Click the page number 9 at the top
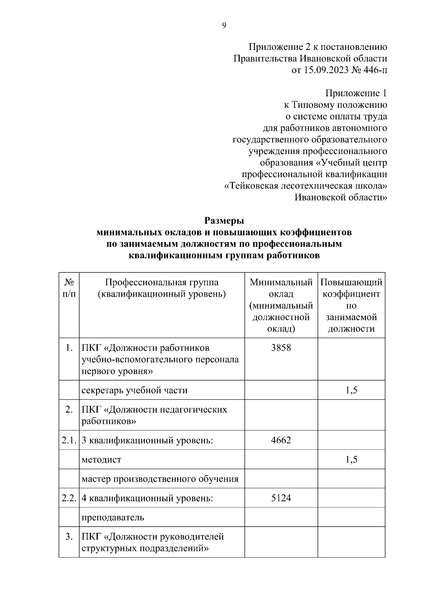[x=224, y=25]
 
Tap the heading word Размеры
[x=224, y=221]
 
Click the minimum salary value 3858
[x=281, y=348]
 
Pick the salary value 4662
[x=281, y=440]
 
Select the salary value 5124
[x=281, y=498]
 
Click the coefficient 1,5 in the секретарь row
[x=351, y=390]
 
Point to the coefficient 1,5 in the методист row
[x=351, y=459]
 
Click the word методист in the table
[x=101, y=460]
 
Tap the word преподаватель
[x=113, y=517]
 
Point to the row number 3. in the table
[x=69, y=537]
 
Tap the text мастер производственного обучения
[x=160, y=479]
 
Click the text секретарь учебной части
[x=134, y=390]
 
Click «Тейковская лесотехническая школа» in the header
[x=306, y=186]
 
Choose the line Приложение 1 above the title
[x=356, y=93]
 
